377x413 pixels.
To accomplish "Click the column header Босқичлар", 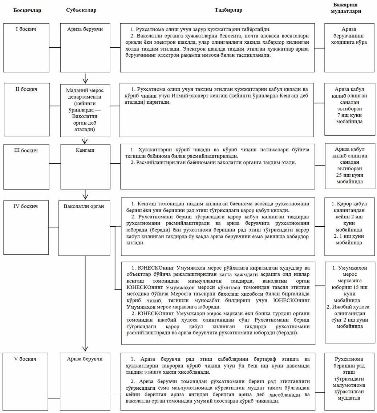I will click(x=27, y=10).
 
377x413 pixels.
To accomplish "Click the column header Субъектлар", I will click(x=81, y=10).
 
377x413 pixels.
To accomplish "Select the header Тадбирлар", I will click(x=228, y=10).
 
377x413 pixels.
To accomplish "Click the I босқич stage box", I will click(x=26, y=47).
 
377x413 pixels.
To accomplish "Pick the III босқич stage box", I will click(x=26, y=164).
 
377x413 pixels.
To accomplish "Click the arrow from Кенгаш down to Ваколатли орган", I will click(x=85, y=194).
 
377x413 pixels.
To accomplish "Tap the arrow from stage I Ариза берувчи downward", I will click(x=85, y=78).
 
